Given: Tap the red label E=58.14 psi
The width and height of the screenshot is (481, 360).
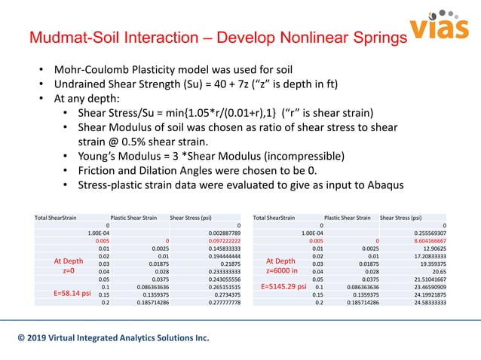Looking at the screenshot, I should pos(68,287).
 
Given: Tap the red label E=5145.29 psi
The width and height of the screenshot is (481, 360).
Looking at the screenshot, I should pos(283,287).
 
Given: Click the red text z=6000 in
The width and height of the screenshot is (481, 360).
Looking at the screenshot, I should pos(283,270).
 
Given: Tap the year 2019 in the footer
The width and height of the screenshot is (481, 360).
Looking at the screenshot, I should pos(38,338).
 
